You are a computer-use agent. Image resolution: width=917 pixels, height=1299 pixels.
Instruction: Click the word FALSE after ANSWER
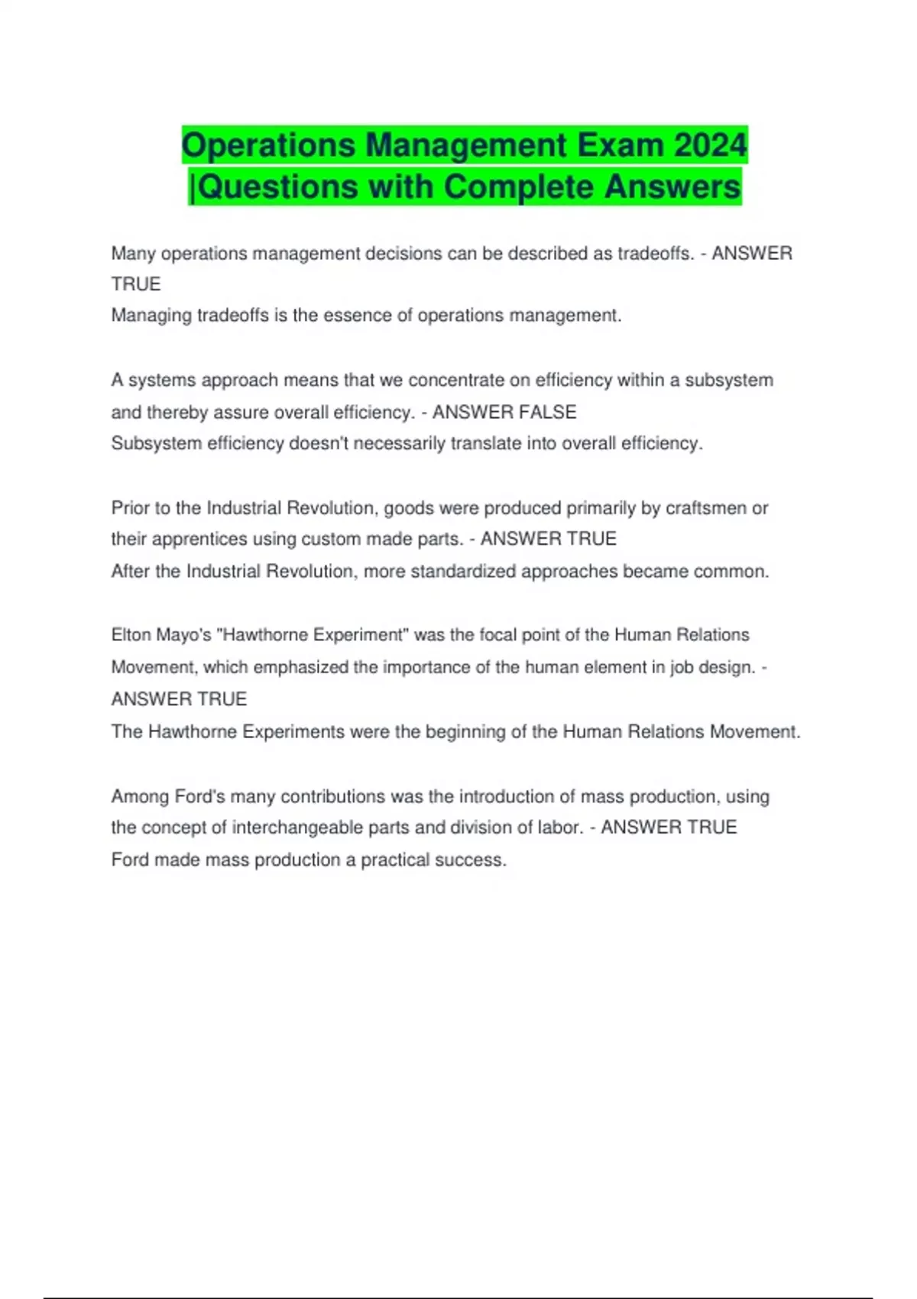coord(547,412)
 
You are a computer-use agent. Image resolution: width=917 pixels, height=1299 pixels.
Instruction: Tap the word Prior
coord(130,508)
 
